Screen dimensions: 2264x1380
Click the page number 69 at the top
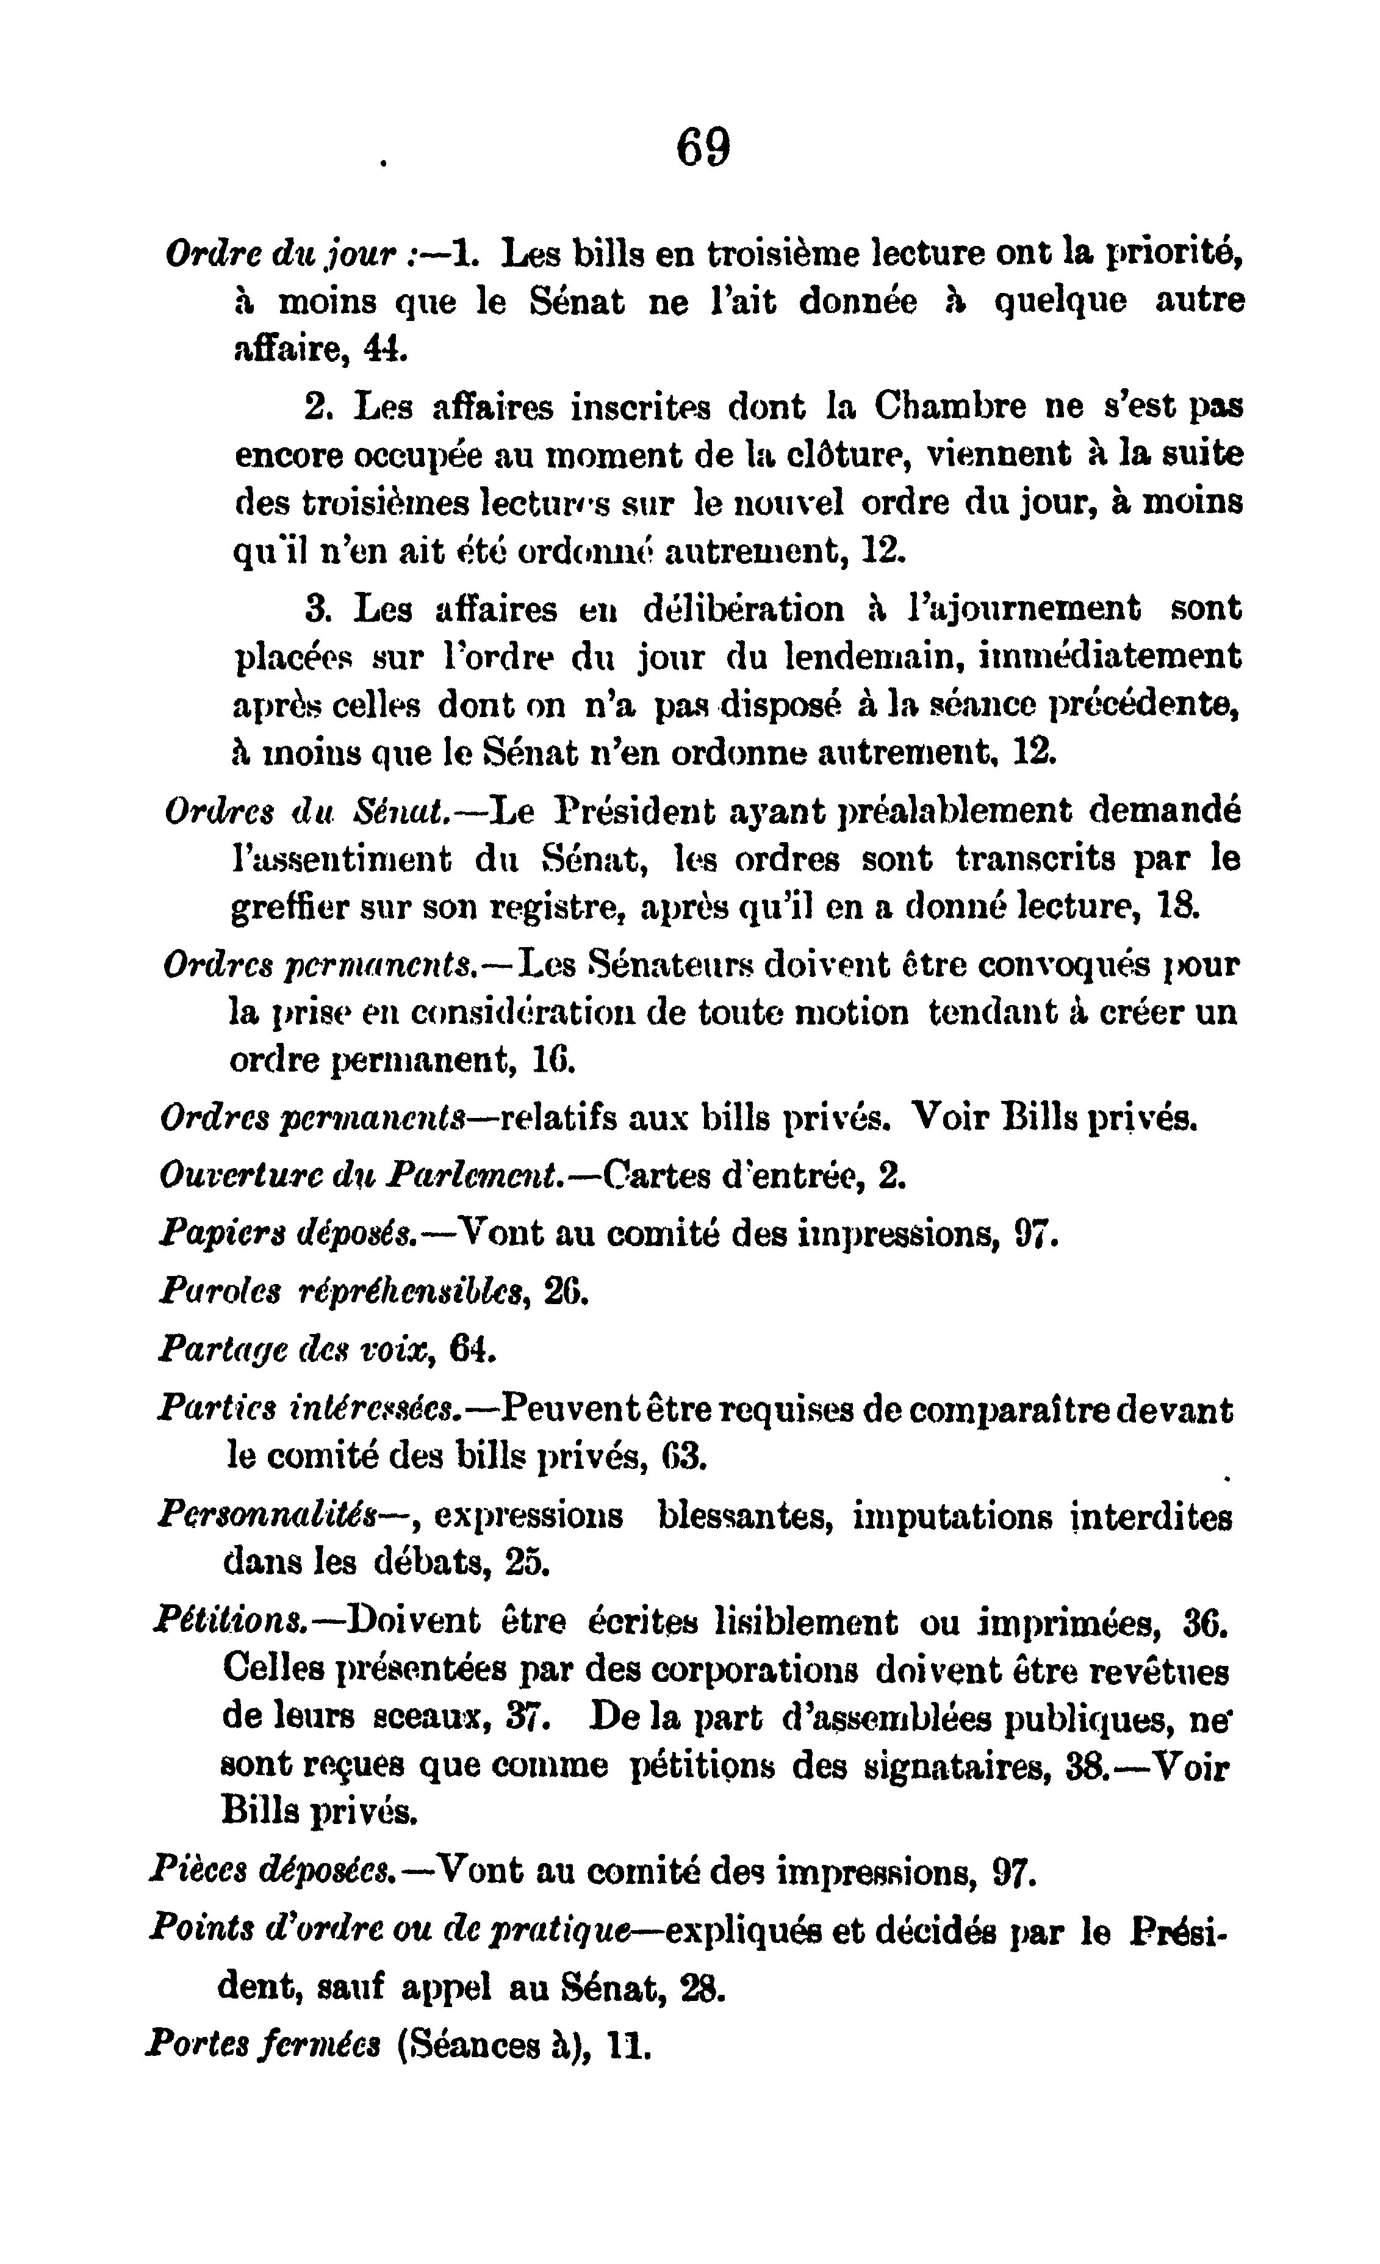704,147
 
